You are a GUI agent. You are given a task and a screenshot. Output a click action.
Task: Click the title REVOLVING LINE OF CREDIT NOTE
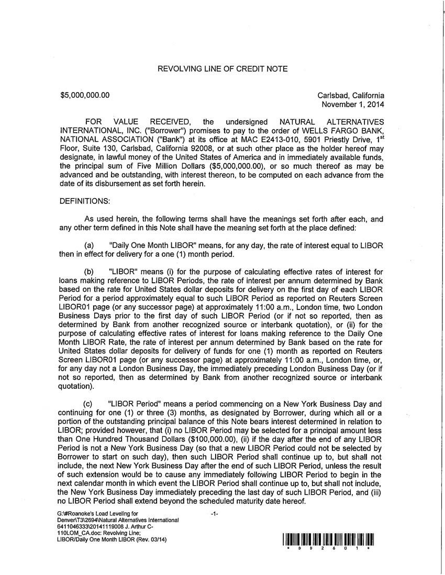click(x=222, y=69)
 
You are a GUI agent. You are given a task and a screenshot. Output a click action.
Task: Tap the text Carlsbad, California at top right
click(x=351, y=96)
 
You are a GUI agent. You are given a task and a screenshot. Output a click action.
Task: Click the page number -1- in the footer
click(x=214, y=514)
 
